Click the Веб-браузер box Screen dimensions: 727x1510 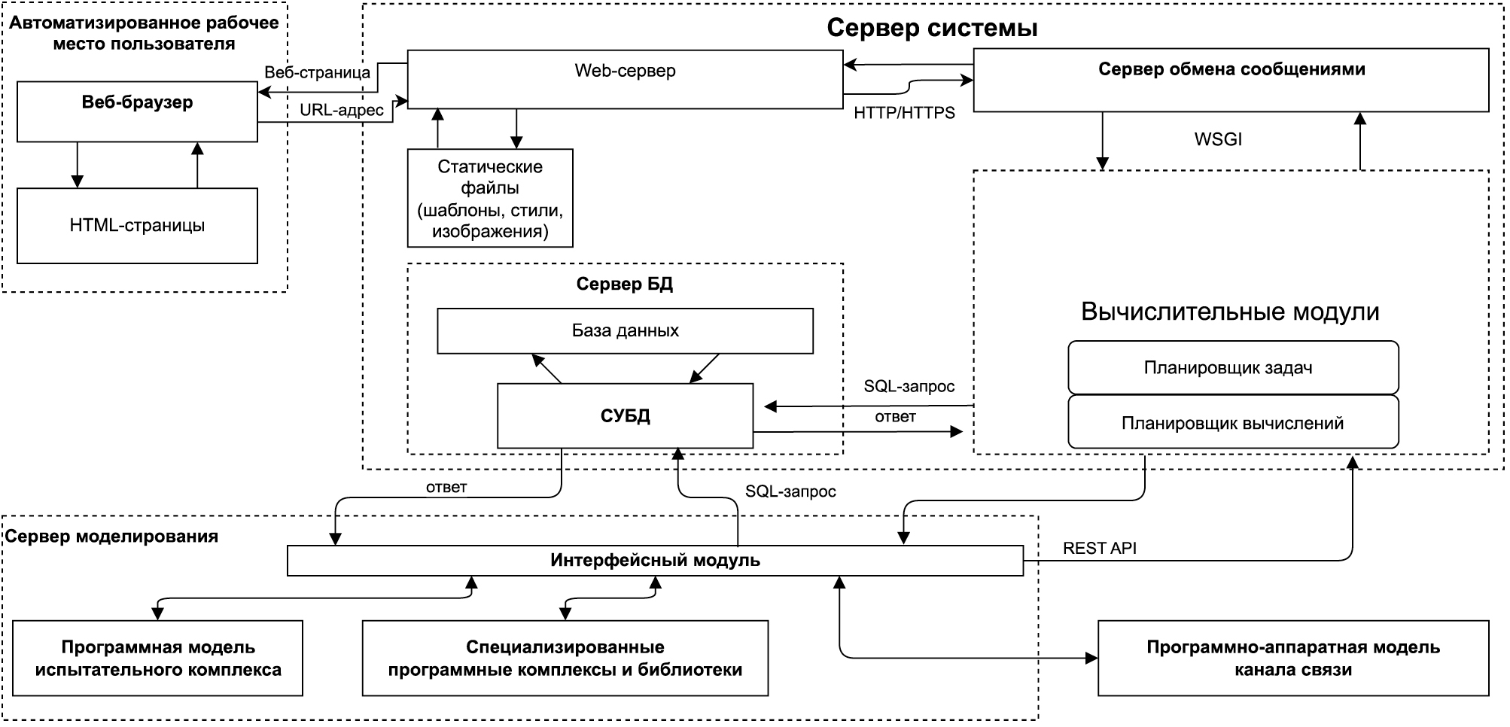[137, 112]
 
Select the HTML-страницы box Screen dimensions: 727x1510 [137, 226]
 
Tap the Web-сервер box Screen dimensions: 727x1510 [625, 79]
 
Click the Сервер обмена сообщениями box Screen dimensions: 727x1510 [1231, 80]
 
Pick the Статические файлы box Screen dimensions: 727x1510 [490, 198]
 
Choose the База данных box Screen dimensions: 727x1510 [625, 330]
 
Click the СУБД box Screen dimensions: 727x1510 [625, 415]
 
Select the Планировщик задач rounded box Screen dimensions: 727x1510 [1233, 367]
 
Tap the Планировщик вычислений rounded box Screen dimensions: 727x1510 [1233, 423]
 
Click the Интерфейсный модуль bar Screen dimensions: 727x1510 [655, 561]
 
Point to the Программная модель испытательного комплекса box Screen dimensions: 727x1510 [158, 658]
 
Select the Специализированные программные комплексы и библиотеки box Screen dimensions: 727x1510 [565, 658]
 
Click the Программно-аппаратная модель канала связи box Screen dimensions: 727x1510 [1293, 658]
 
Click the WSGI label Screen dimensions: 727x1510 [1218, 139]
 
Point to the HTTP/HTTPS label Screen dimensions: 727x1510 [904, 113]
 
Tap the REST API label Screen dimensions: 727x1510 [1099, 548]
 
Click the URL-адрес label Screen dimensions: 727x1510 [342, 110]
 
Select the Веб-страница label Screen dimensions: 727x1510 [317, 72]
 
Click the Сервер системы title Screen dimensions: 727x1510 [932, 28]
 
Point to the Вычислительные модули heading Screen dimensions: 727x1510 [1230, 312]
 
